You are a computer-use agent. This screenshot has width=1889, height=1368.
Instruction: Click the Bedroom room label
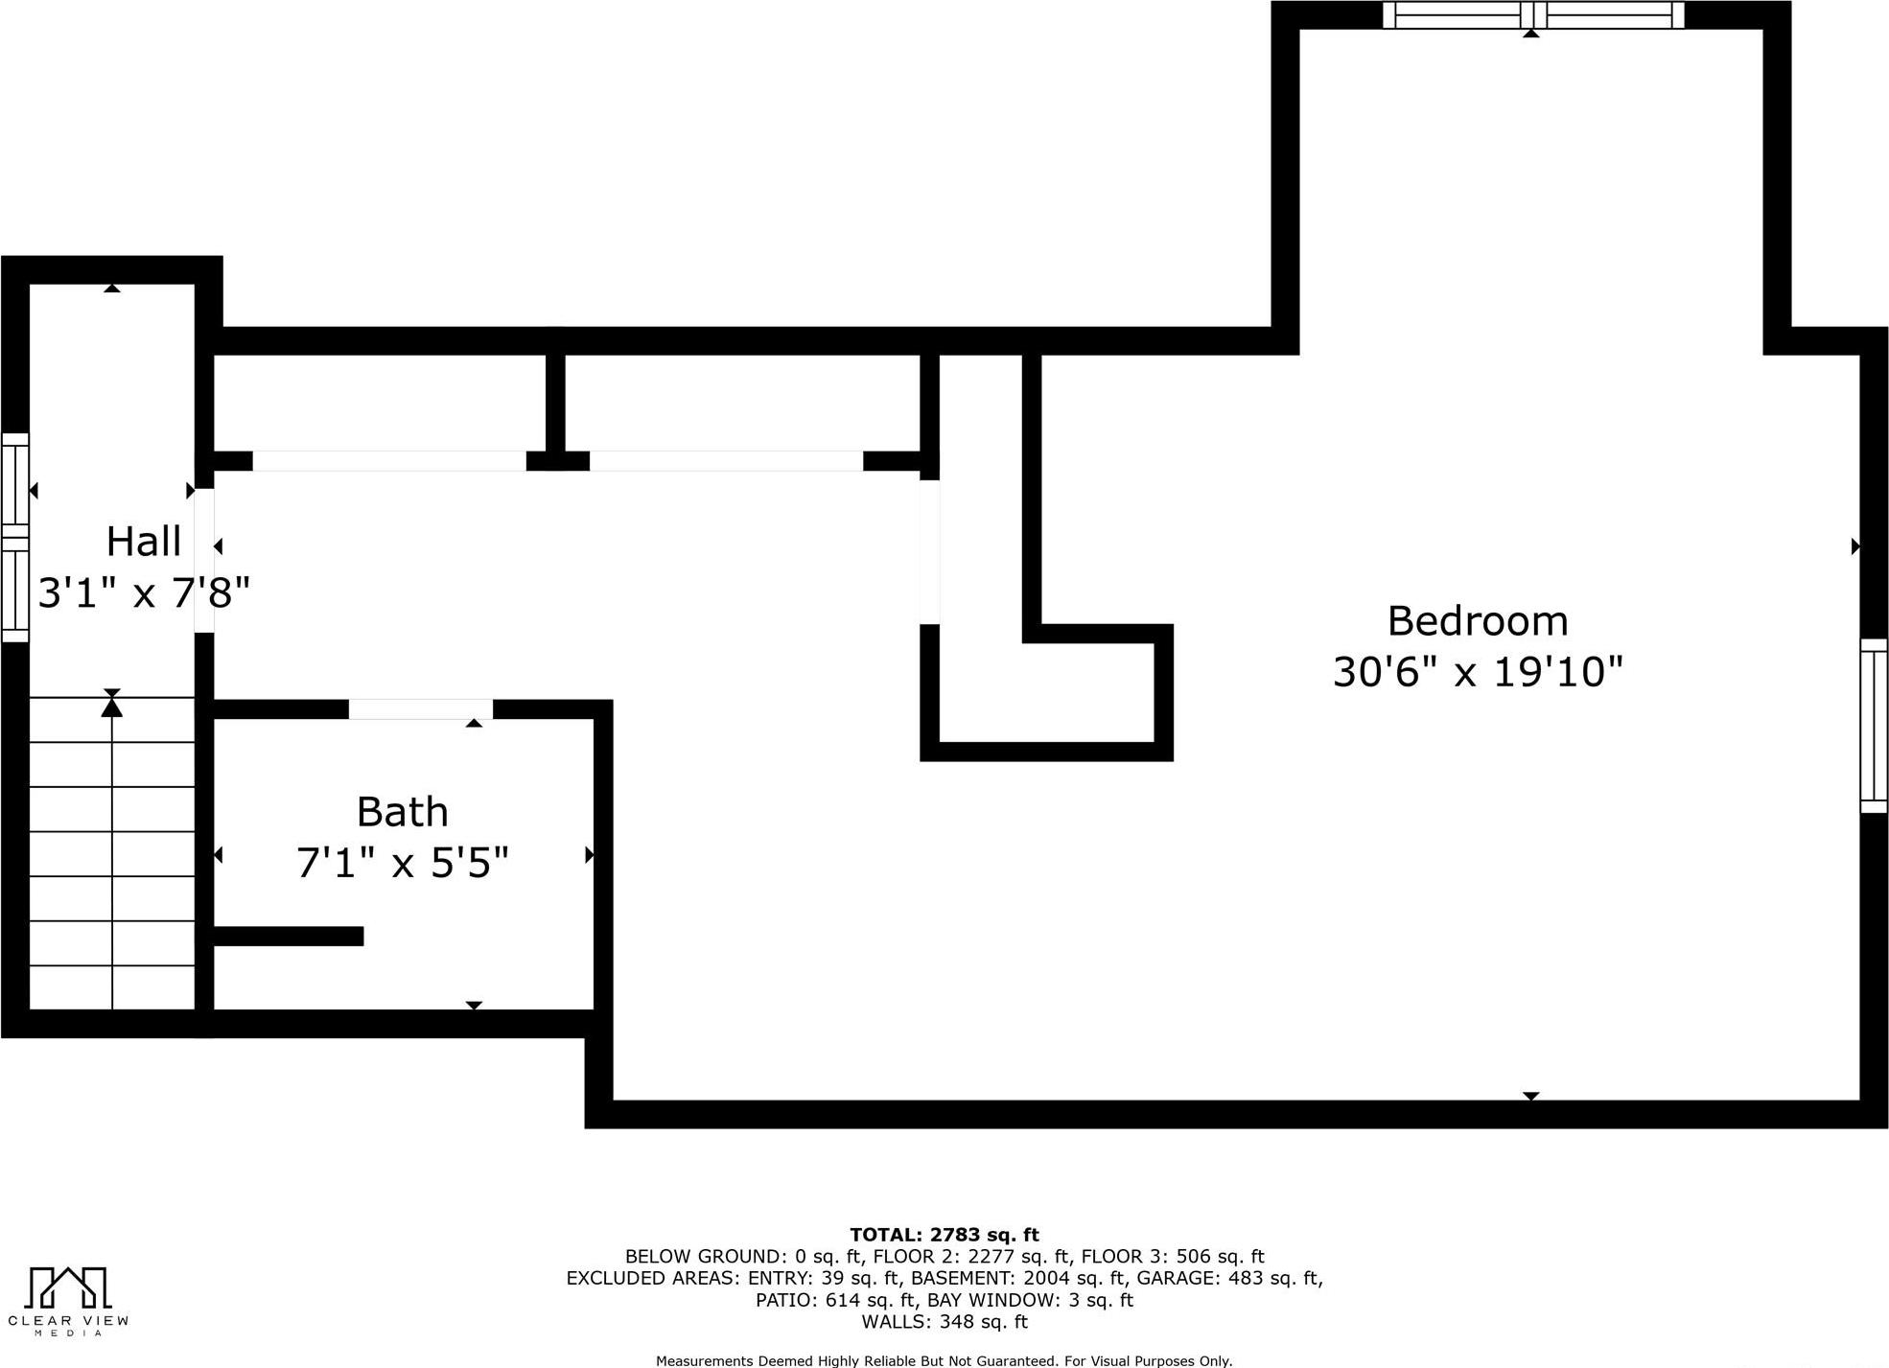pos(1478,621)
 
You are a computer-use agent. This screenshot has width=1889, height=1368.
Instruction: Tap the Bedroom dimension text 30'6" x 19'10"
pos(1478,672)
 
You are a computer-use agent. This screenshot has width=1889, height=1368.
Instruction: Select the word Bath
pos(402,812)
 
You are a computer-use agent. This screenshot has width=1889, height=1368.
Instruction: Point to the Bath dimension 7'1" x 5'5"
pos(402,863)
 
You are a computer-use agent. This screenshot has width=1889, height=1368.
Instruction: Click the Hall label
pos(143,542)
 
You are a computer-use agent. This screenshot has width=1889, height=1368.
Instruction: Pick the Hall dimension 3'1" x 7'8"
pos(144,592)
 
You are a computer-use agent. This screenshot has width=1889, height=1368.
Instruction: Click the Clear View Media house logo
pos(67,1288)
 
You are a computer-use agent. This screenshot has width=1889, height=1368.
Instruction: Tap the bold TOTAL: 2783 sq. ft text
pos(944,1235)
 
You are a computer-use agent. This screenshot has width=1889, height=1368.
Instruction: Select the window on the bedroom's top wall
pos(1533,15)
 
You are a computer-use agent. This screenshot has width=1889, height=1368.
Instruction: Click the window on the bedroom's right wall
pos(1874,726)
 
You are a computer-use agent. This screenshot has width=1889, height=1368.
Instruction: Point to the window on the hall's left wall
pos(14,537)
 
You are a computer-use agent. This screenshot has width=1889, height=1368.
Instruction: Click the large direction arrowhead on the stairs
pos(112,707)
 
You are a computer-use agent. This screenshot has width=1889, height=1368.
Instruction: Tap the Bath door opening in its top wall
pos(420,709)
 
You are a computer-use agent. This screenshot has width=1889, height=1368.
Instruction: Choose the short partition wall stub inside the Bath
pos(288,936)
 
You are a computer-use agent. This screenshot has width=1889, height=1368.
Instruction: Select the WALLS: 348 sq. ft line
pos(944,1322)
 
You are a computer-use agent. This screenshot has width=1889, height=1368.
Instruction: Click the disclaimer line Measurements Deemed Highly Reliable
pos(944,1360)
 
